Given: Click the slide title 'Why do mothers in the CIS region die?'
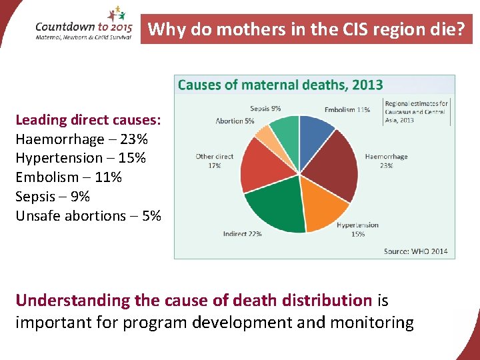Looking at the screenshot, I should pyautogui.click(x=306, y=29).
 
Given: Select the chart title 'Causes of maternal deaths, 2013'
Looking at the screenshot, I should pyautogui.click(x=280, y=85).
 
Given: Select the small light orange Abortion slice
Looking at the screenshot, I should pyautogui.click(x=265, y=136).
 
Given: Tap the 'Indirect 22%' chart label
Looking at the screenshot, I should pyautogui.click(x=242, y=233).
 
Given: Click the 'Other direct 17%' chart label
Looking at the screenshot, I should pyautogui.click(x=214, y=161).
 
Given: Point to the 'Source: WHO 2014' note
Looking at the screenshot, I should pyautogui.click(x=415, y=251).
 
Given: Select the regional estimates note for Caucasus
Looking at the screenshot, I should pyautogui.click(x=417, y=111).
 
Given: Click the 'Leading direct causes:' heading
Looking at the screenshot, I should pyautogui.click(x=88, y=120).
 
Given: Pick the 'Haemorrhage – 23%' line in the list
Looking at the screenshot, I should pyautogui.click(x=81, y=139).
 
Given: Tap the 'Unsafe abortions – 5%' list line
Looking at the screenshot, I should pyautogui.click(x=88, y=216).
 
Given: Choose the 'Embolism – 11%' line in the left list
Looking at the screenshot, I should pyautogui.click(x=69, y=177).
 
